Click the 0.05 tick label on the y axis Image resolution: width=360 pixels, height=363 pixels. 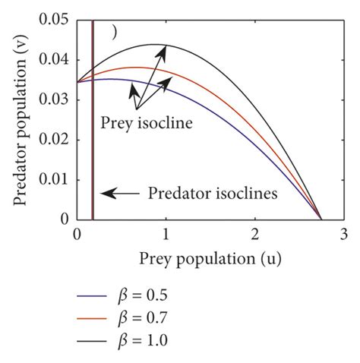click(x=52, y=21)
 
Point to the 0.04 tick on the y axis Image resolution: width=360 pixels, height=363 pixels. click(x=52, y=60)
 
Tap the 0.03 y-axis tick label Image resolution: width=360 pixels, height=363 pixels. click(x=52, y=100)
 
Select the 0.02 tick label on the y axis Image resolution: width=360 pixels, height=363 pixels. click(x=52, y=140)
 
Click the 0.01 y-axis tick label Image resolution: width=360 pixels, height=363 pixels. click(x=52, y=180)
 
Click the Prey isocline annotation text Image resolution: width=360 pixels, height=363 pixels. click(x=146, y=122)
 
